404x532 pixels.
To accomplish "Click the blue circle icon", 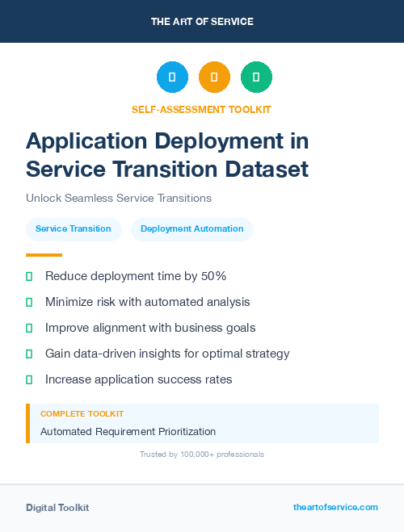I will (172, 77).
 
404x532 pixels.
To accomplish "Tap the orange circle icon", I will (214, 77).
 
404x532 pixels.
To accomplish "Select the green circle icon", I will (256, 77).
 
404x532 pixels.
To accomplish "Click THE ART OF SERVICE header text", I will (202, 22).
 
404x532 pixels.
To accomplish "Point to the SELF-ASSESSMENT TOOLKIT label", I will (201, 109).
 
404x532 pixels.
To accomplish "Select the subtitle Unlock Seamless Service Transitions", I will (118, 198).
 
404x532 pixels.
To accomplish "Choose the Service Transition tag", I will (74, 228).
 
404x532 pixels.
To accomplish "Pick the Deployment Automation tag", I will (191, 228).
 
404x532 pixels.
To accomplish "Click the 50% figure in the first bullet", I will (213, 276).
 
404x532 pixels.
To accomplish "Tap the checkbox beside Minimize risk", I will (29, 302).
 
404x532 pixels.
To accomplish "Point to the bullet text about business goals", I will (150, 328).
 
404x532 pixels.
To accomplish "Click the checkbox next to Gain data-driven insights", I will (29, 354).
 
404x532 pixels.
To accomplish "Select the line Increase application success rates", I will (138, 379).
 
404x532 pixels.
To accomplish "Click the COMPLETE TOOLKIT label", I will (82, 413).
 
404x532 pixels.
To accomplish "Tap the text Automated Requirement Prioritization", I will (128, 431).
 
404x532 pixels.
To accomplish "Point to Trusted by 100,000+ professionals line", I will (202, 455).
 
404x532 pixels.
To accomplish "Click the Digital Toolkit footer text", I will (57, 507).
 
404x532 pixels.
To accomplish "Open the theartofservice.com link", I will (335, 507).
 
